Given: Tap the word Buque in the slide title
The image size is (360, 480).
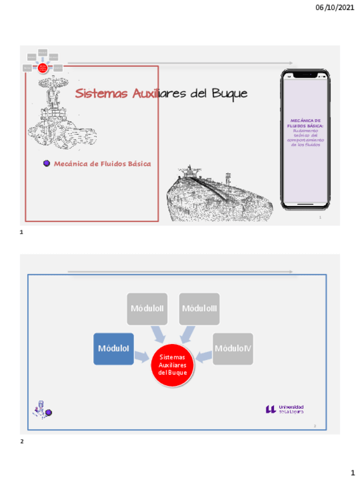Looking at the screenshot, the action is [229, 93].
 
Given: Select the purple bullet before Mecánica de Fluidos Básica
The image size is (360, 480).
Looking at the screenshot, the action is [47, 164].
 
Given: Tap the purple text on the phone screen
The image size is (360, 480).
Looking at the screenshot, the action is [305, 132].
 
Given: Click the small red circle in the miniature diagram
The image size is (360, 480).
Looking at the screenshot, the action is [42, 68].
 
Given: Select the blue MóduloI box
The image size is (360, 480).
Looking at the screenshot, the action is [114, 349].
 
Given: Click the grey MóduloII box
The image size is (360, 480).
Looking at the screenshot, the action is [147, 308].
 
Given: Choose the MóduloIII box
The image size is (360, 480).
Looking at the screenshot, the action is [199, 308].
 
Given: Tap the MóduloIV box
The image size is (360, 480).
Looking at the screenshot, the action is [233, 349].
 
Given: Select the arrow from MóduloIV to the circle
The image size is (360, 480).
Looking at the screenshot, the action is [204, 355].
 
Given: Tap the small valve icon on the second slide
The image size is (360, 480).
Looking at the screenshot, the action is [42, 409].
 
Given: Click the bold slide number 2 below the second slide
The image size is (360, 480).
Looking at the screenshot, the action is [22, 441].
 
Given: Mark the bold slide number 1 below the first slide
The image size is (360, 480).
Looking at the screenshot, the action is [22, 232].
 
